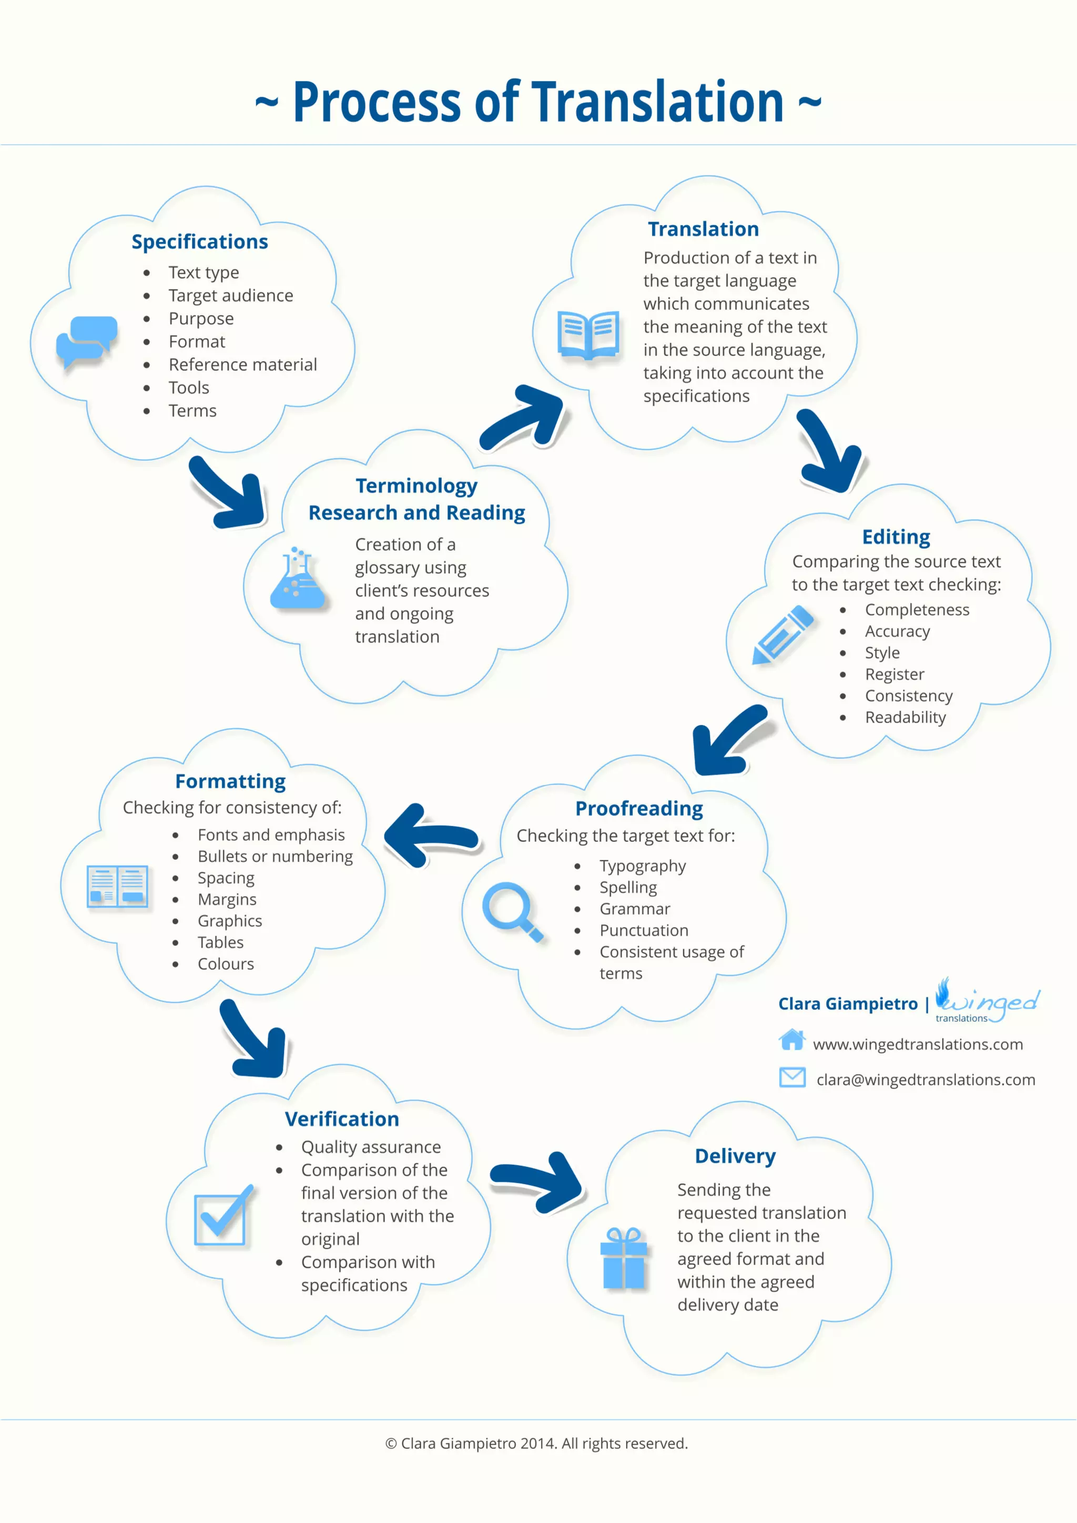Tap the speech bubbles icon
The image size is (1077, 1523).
[x=86, y=342]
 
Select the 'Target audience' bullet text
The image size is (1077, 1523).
[x=230, y=295]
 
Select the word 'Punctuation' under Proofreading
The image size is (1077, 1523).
[x=644, y=930]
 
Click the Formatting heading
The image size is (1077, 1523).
[x=230, y=781]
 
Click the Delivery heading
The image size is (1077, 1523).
[x=735, y=1156]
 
